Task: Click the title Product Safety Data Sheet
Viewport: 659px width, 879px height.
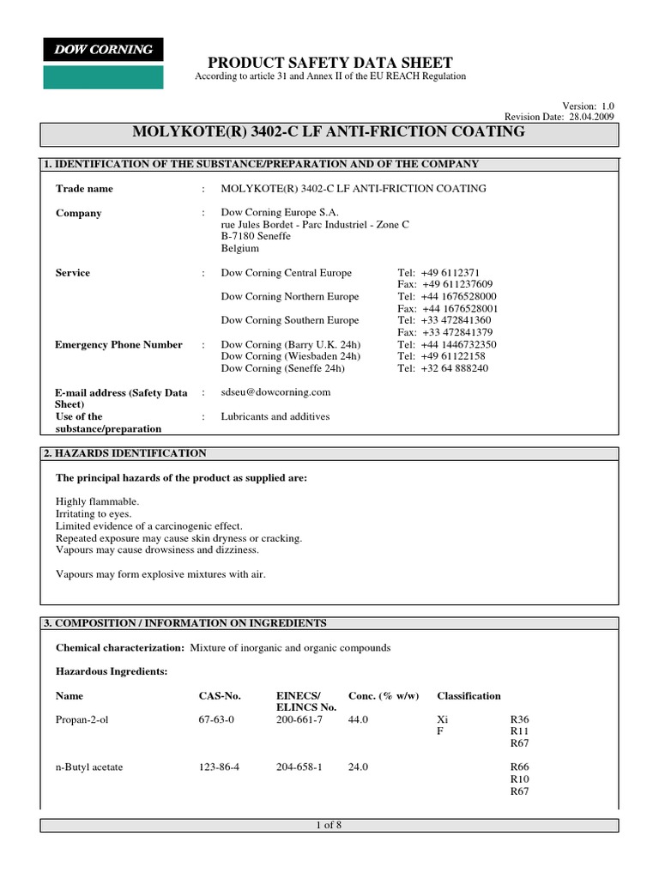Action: [330, 62]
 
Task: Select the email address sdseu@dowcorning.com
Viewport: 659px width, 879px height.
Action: [275, 391]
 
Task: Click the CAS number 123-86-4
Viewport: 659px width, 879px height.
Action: [218, 767]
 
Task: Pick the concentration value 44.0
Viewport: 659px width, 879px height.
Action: [358, 719]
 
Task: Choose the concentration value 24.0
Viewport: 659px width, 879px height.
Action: [358, 767]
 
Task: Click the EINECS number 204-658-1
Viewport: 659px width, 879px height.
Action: [299, 767]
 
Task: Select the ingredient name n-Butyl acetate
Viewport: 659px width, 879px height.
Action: [89, 767]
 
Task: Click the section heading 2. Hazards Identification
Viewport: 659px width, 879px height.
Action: [125, 452]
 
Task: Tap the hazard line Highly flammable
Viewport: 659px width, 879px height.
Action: [97, 501]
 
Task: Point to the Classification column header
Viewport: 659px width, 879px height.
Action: [469, 695]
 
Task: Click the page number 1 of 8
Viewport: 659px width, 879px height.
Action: [329, 825]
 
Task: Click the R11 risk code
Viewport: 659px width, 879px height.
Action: [519, 731]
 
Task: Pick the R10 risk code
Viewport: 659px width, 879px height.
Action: [519, 779]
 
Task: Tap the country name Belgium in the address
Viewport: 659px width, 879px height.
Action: [240, 248]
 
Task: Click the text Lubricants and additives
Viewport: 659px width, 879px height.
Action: [275, 416]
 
